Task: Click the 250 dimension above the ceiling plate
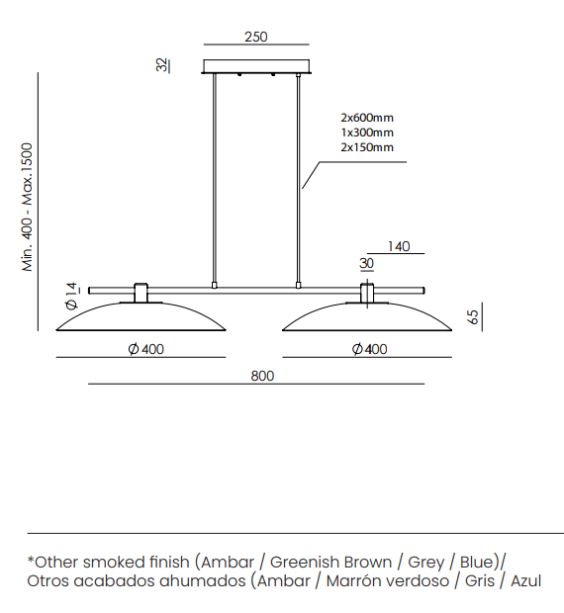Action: pos(256,37)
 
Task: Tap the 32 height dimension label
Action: pos(162,65)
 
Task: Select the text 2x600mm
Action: pos(367,118)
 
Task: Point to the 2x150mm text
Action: pos(367,147)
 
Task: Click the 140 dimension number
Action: pos(399,246)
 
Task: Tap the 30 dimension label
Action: pos(366,264)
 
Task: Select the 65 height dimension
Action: pos(473,316)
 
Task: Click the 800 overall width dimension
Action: pos(262,376)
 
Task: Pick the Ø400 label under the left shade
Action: pos(145,349)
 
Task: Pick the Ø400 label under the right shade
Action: pos(370,349)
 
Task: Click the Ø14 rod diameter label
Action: pos(71,296)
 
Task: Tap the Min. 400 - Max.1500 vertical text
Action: pos(27,208)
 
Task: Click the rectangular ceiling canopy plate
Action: pos(256,66)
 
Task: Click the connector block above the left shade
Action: pos(141,293)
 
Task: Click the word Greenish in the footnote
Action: pos(301,562)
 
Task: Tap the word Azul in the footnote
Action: pos(526,580)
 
